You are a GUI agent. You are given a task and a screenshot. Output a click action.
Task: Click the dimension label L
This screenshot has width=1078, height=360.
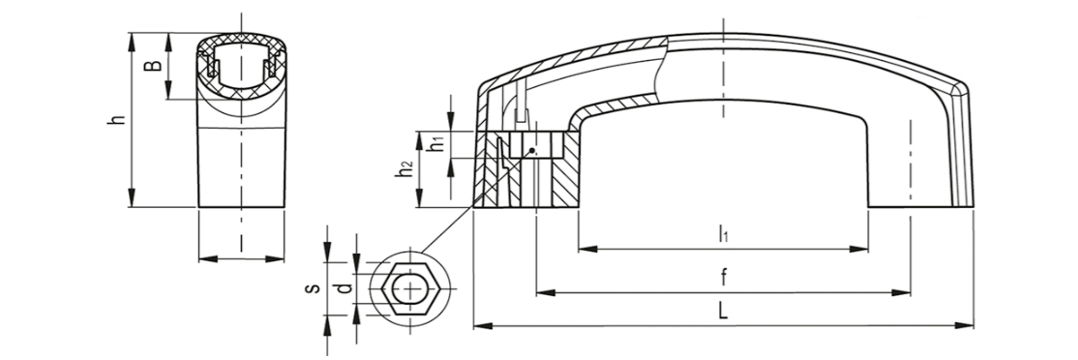pos(723,312)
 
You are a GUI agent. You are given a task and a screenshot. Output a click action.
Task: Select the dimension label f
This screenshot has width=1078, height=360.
pos(723,277)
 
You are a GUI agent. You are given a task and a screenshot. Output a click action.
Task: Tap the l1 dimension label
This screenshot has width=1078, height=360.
pos(723,235)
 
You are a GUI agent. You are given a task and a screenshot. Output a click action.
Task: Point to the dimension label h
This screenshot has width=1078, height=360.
pos(118,120)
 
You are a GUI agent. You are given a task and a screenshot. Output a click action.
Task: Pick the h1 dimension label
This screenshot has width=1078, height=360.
pos(434,144)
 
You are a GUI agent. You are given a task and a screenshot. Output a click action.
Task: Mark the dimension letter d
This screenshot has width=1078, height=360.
pos(345,288)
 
